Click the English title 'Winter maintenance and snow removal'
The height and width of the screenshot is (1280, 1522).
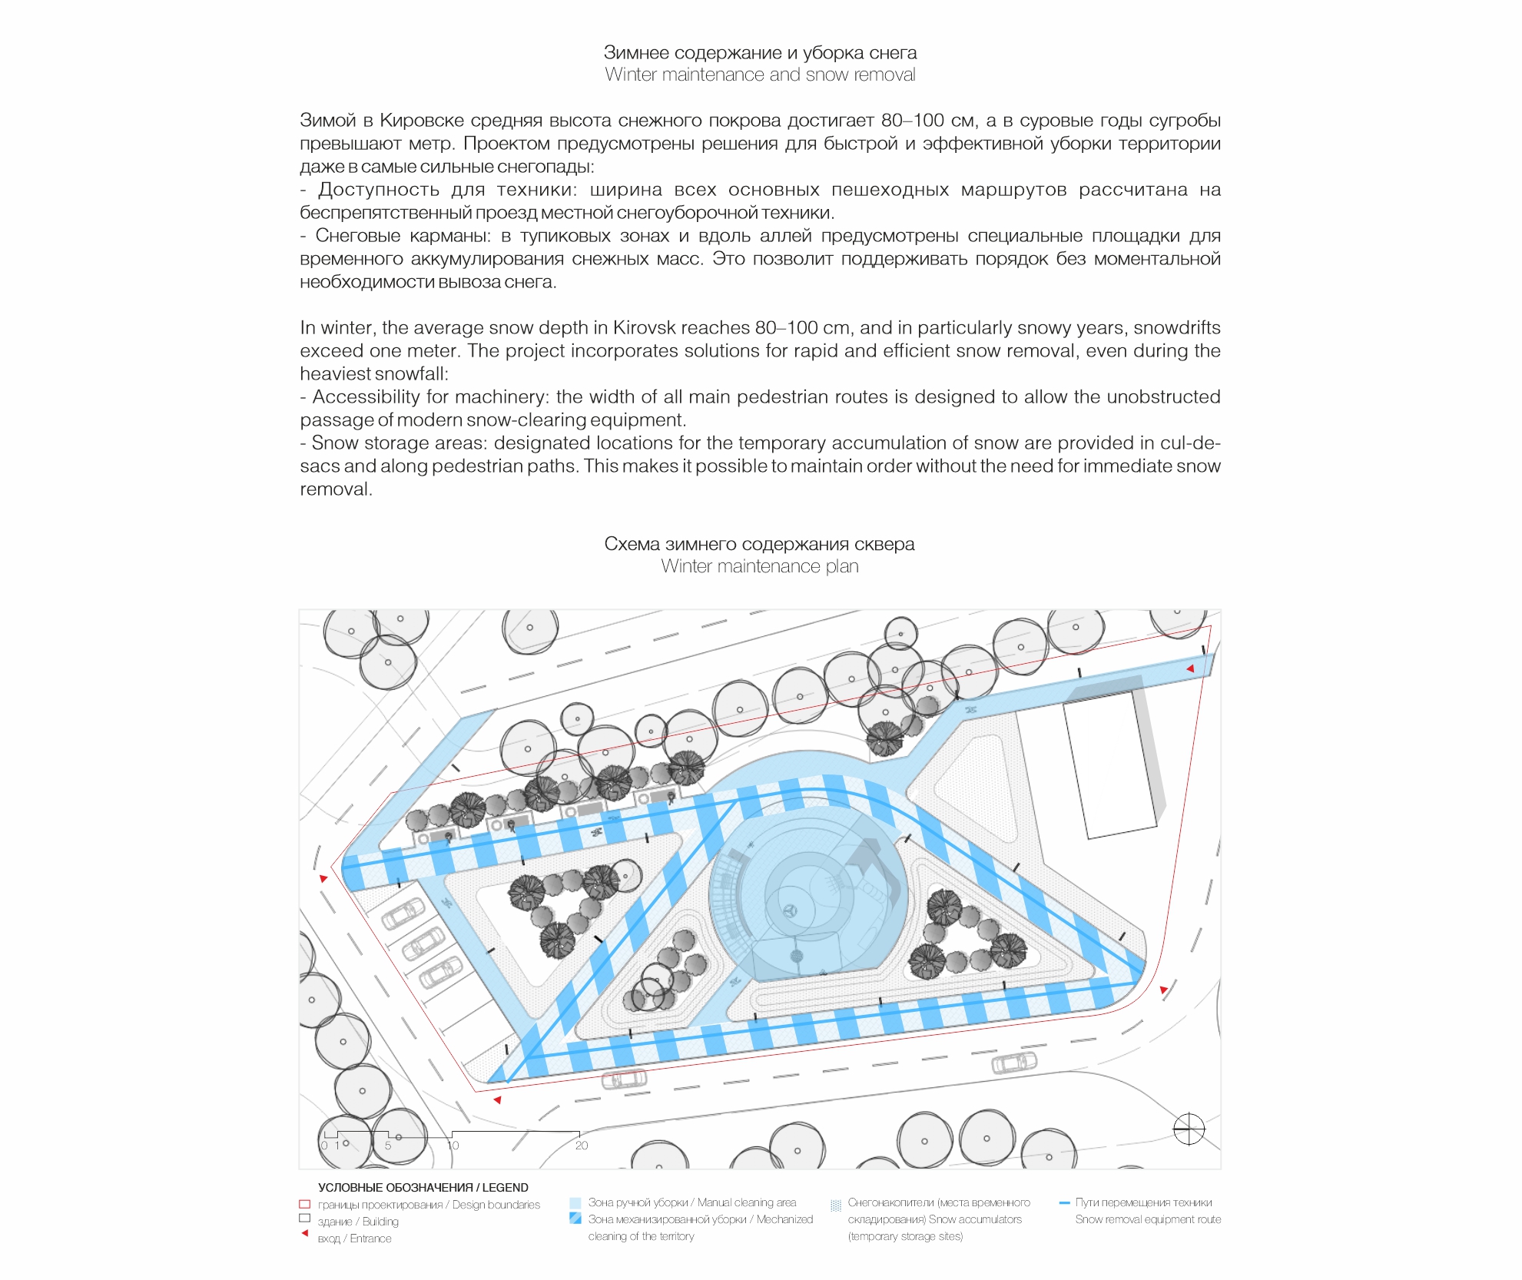pyautogui.click(x=760, y=75)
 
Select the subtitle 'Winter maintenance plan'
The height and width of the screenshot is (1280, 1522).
pyautogui.click(x=760, y=566)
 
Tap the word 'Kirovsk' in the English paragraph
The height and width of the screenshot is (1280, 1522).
pyautogui.click(x=644, y=327)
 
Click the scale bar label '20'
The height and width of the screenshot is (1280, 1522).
pyautogui.click(x=582, y=1146)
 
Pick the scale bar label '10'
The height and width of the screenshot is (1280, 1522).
pyautogui.click(x=453, y=1146)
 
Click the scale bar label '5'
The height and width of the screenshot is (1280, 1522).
pyautogui.click(x=388, y=1146)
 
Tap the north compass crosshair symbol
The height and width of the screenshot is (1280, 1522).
pyautogui.click(x=1189, y=1129)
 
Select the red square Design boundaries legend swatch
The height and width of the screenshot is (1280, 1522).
pyautogui.click(x=304, y=1204)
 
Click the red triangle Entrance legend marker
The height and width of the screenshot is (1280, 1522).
pyautogui.click(x=305, y=1233)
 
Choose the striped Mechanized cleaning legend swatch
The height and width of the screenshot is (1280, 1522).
pyautogui.click(x=575, y=1218)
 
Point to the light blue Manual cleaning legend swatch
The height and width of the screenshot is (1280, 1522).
pyautogui.click(x=575, y=1202)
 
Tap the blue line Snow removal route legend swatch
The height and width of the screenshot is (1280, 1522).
pyautogui.click(x=1064, y=1202)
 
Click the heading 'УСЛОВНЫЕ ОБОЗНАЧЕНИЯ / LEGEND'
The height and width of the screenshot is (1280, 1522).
pyautogui.click(x=423, y=1187)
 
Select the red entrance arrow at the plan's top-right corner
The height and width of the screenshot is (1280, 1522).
pyautogui.click(x=1190, y=668)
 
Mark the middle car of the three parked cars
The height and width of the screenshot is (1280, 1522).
pyautogui.click(x=423, y=944)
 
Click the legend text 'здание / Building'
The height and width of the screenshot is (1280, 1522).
pyautogui.click(x=358, y=1222)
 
